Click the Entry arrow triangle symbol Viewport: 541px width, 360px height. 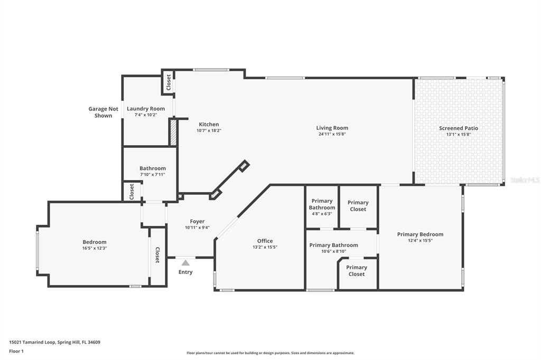point(185,262)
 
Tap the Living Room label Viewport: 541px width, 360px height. point(332,128)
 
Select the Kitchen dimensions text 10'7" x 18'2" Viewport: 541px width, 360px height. point(209,130)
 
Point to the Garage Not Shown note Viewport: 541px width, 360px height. point(103,112)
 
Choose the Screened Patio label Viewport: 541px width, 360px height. point(458,128)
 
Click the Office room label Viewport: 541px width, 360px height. point(265,241)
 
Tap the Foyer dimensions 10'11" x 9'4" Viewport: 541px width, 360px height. point(197,228)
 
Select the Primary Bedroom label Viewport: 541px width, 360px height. point(420,234)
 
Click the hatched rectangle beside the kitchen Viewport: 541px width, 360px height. point(172,132)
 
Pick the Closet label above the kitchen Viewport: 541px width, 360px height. point(169,82)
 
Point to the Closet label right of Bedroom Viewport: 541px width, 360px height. point(157,255)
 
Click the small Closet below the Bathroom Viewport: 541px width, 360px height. point(132,191)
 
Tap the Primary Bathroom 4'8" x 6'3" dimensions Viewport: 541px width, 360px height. point(322,214)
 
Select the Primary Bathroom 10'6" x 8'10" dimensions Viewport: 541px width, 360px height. point(333,251)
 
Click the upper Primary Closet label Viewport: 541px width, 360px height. point(358,206)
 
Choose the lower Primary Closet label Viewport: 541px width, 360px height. point(357,271)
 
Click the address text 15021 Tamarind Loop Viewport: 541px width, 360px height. point(54,342)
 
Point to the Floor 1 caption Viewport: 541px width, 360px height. point(16,350)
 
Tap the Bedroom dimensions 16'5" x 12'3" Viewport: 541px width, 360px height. point(94,248)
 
